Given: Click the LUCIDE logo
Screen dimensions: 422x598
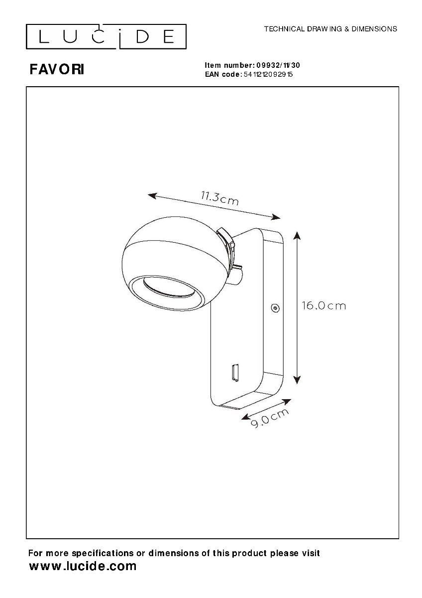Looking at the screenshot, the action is click(106, 36).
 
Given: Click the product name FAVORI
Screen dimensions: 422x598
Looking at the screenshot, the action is click(57, 70).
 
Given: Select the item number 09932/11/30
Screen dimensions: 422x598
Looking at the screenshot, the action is click(278, 65).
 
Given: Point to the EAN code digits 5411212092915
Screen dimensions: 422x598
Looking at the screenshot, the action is click(268, 74).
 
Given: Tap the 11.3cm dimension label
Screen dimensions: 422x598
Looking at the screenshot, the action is click(219, 198).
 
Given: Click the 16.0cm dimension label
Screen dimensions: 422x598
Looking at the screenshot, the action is click(323, 305).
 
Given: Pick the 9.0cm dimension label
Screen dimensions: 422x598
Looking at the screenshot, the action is click(270, 418).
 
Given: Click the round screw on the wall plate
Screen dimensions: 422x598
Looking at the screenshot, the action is click(275, 308).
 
